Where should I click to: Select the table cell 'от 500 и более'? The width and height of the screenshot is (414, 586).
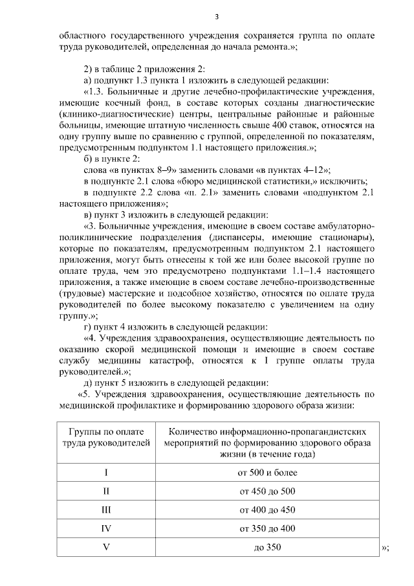(267, 473)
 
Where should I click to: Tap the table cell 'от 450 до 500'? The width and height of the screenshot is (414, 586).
(267, 491)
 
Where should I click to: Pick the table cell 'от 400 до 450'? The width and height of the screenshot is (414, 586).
(267, 510)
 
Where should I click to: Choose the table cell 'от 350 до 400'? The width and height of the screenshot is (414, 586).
(267, 529)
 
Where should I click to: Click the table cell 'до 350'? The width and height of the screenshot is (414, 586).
(267, 548)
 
